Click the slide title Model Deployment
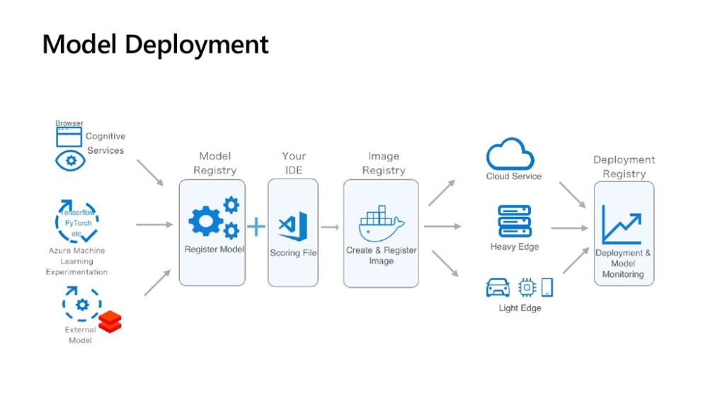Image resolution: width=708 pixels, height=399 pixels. [x=156, y=45]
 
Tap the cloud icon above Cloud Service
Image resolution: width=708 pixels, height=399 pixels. [x=510, y=154]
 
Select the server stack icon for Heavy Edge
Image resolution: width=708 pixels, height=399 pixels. [x=514, y=221]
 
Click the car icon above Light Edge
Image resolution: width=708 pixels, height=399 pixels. [x=498, y=288]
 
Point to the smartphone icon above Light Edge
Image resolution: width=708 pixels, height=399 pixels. [x=547, y=287]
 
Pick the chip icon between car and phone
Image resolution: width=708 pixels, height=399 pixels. [x=527, y=287]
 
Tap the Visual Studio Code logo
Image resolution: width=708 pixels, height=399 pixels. [x=293, y=226]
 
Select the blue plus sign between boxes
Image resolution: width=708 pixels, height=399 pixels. [x=256, y=227]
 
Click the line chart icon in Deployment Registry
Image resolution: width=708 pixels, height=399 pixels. [x=622, y=223]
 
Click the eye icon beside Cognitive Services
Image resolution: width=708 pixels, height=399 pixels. [x=71, y=160]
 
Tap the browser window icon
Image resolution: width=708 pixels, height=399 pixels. [x=69, y=136]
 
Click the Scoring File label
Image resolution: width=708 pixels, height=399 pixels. [x=293, y=253]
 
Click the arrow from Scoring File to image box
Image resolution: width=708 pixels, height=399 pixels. [x=331, y=227]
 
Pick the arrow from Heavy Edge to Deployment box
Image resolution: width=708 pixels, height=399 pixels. [x=570, y=228]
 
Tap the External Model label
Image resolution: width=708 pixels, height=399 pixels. [x=80, y=335]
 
